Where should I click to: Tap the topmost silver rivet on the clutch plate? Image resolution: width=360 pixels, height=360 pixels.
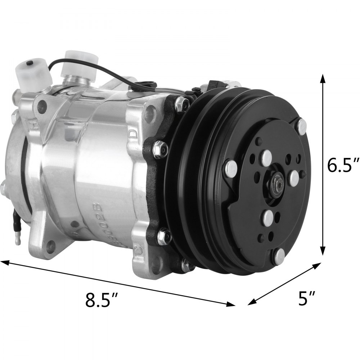pyautogui.click(x=302, y=125)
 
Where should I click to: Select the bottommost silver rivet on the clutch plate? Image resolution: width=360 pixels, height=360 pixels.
pyautogui.click(x=280, y=256)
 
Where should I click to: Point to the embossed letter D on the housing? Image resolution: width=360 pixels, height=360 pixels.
pyautogui.click(x=132, y=135)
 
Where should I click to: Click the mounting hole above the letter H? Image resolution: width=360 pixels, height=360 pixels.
pyautogui.click(x=42, y=105)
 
